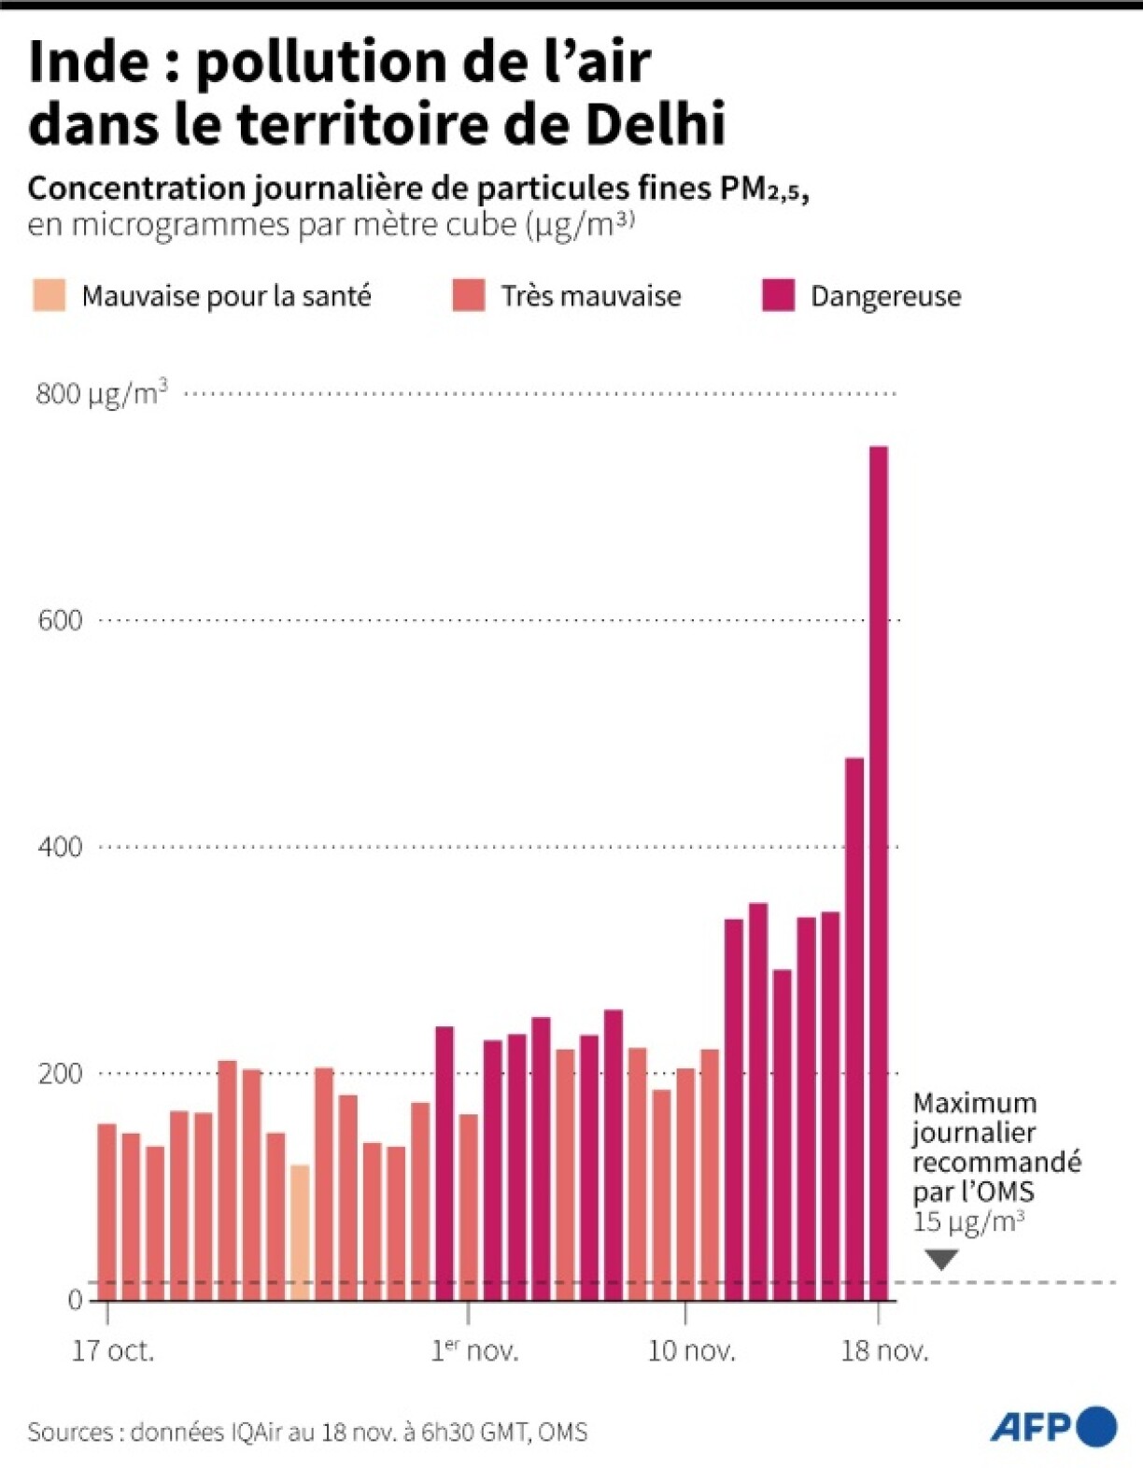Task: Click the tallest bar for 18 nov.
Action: click(878, 873)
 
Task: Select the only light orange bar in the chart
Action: click(299, 1233)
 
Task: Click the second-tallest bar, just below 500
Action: click(854, 1027)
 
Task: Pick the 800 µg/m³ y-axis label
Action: click(102, 393)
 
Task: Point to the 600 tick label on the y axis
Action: click(60, 620)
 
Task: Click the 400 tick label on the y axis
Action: click(60, 847)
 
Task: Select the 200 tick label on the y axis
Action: click(60, 1074)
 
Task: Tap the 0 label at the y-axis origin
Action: click(75, 1300)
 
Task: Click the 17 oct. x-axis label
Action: click(113, 1351)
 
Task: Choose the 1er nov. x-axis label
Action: click(474, 1351)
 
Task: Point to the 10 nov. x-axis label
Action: click(691, 1351)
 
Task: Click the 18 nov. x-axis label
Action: click(884, 1351)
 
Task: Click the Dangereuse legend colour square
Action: click(778, 295)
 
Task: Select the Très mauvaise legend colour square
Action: click(469, 295)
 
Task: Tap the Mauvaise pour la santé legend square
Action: click(49, 295)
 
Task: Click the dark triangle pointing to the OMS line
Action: click(941, 1259)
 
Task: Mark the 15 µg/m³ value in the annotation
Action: click(968, 1221)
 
